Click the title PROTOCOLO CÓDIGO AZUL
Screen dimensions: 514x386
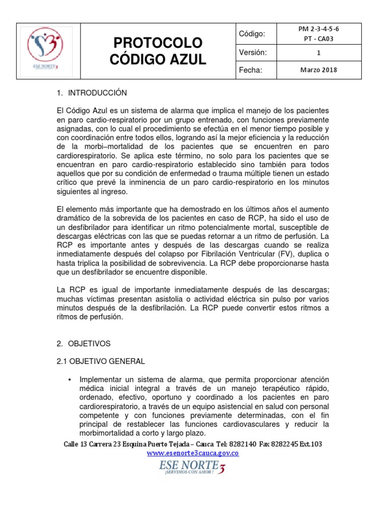[x=157, y=51]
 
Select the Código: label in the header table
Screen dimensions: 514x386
[x=252, y=34]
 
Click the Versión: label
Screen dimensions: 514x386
[x=253, y=52]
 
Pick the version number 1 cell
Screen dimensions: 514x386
[x=318, y=53]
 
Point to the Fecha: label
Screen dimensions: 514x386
[x=251, y=70]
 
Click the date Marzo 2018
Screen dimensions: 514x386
[x=318, y=70]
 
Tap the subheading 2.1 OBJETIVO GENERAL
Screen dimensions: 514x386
[x=101, y=361]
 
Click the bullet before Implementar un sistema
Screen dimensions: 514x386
[x=69, y=379]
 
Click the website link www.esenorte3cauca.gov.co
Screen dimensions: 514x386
[x=192, y=453]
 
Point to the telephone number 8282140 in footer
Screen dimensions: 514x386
[x=243, y=444]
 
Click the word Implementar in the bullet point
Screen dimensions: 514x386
[x=102, y=379]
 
